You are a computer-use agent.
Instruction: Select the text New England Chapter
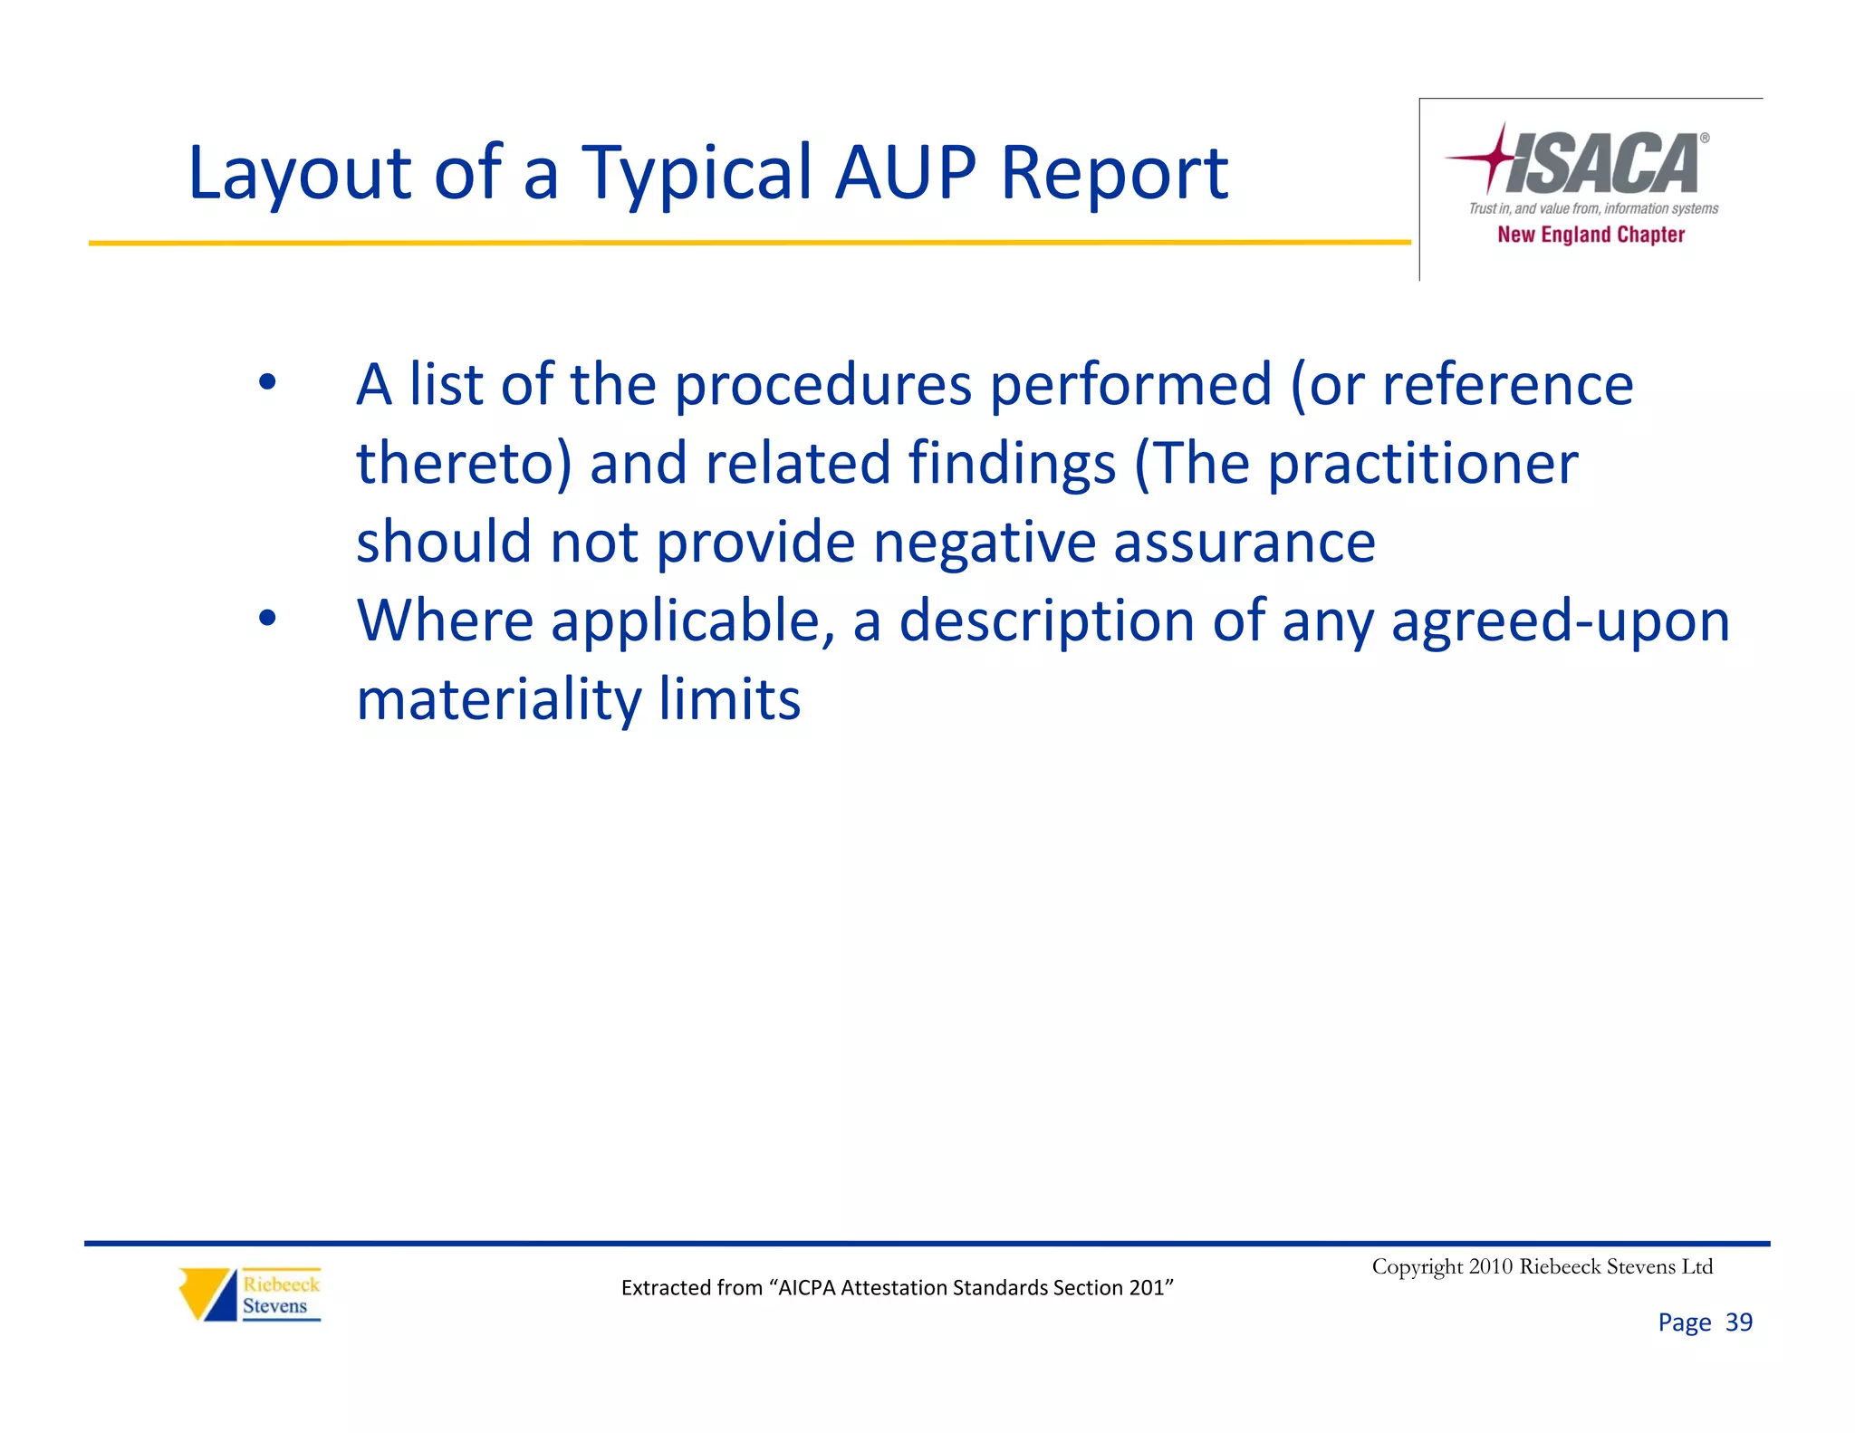point(1591,235)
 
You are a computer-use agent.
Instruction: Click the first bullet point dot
point(266,381)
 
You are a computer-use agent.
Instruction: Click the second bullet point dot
point(266,618)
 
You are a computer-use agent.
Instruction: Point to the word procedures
point(822,385)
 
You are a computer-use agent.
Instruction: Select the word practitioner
point(1422,464)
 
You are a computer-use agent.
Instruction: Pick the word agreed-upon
point(1560,621)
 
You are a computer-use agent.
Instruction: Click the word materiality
point(499,700)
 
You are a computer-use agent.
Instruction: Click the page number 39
point(1738,1322)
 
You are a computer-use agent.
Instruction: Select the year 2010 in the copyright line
point(1490,1266)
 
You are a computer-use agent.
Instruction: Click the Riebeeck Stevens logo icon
point(209,1294)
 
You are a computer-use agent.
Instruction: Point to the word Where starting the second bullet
point(445,621)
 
